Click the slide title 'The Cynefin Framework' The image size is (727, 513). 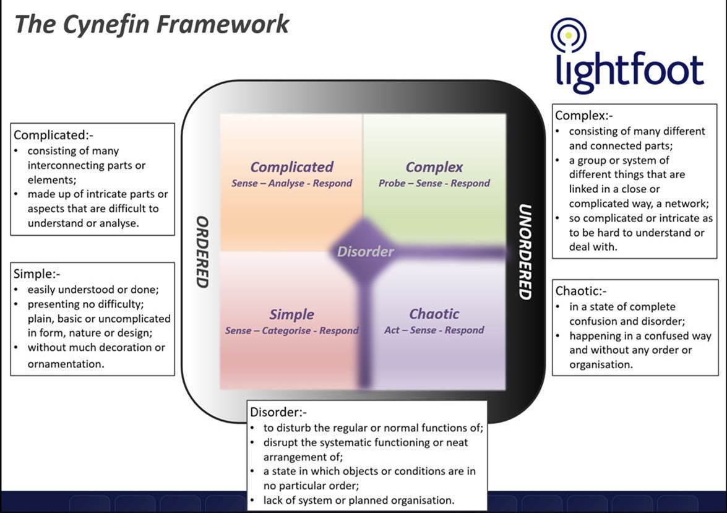pyautogui.click(x=152, y=25)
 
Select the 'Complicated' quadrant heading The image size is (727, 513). pyautogui.click(x=292, y=167)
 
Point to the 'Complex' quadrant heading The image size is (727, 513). pyautogui.click(x=434, y=167)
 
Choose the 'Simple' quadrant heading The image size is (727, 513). pyautogui.click(x=291, y=314)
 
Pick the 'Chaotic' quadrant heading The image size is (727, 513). pyautogui.click(x=434, y=314)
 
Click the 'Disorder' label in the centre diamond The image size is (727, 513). pyautogui.click(x=365, y=251)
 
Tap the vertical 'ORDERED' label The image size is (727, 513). pyautogui.click(x=202, y=252)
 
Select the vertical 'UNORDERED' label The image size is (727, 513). pyautogui.click(x=524, y=252)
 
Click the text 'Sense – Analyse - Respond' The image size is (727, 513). pyautogui.click(x=292, y=183)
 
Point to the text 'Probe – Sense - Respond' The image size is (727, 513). pyautogui.click(x=434, y=183)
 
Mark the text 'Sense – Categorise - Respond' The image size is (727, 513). pyautogui.click(x=292, y=330)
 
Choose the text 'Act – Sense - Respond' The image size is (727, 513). pyautogui.click(x=434, y=330)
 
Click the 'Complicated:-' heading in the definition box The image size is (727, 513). pyautogui.click(x=53, y=135)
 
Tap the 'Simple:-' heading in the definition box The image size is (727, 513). pyautogui.click(x=37, y=274)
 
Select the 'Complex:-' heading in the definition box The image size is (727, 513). pyautogui.click(x=583, y=115)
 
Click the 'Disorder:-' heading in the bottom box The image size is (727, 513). pyautogui.click(x=278, y=412)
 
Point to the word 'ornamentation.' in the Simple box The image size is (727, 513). pyautogui.click(x=66, y=364)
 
